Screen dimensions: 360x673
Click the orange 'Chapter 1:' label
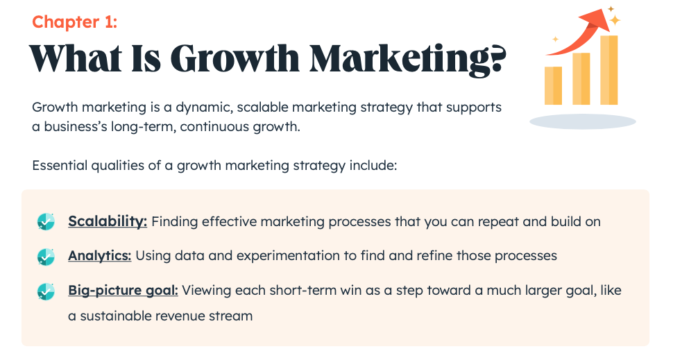74,22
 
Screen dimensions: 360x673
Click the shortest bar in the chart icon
553,85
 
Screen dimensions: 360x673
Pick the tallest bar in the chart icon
608,69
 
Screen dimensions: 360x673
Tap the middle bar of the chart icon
581,78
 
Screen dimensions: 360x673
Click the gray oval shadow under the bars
582,121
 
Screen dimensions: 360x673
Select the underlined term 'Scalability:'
108,222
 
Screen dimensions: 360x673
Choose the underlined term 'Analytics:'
99,256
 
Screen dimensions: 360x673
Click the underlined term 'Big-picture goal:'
123,291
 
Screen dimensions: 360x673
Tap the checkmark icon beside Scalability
46,222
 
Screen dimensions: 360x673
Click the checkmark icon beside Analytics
46,257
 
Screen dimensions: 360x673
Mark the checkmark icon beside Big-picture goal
46,291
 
